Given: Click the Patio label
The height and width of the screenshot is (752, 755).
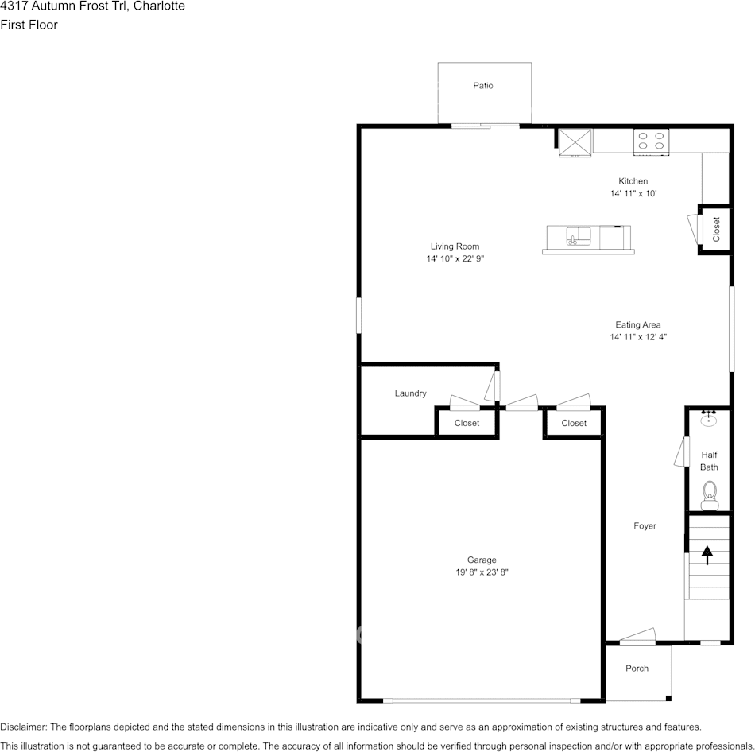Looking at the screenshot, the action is [x=483, y=86].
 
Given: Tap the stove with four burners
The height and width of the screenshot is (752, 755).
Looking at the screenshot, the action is [x=651, y=142].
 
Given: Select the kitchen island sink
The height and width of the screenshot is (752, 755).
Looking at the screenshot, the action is [x=578, y=236].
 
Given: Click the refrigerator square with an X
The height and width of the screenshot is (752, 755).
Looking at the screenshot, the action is [x=575, y=142].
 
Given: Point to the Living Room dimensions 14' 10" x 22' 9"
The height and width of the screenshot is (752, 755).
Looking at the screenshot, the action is [x=455, y=258].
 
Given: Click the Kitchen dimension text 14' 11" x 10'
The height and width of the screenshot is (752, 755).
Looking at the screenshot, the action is [x=633, y=194].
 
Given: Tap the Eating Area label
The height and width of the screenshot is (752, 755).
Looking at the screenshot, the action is [x=638, y=324].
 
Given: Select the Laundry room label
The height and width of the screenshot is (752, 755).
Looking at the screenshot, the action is [x=410, y=393].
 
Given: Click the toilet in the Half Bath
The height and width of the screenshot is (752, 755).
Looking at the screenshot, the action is [x=709, y=495].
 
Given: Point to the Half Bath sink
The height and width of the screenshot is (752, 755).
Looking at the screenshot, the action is [x=708, y=418].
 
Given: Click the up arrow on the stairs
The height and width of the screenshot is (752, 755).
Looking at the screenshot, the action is [x=707, y=555].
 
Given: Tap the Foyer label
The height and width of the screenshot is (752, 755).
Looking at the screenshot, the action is [x=645, y=526].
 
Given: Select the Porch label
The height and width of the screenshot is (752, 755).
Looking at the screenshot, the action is [x=637, y=669].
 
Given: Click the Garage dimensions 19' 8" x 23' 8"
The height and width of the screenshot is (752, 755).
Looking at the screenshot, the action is [x=482, y=572].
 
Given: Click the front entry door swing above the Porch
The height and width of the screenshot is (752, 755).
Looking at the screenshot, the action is [x=637, y=637].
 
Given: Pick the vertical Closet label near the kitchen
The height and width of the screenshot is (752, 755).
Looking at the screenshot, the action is [x=716, y=229].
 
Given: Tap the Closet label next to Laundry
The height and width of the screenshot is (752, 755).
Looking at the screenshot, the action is [x=467, y=423].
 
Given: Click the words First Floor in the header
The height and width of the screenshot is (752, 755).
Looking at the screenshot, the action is [x=29, y=25].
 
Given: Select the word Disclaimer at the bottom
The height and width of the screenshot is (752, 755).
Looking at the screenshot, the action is [x=23, y=727].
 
